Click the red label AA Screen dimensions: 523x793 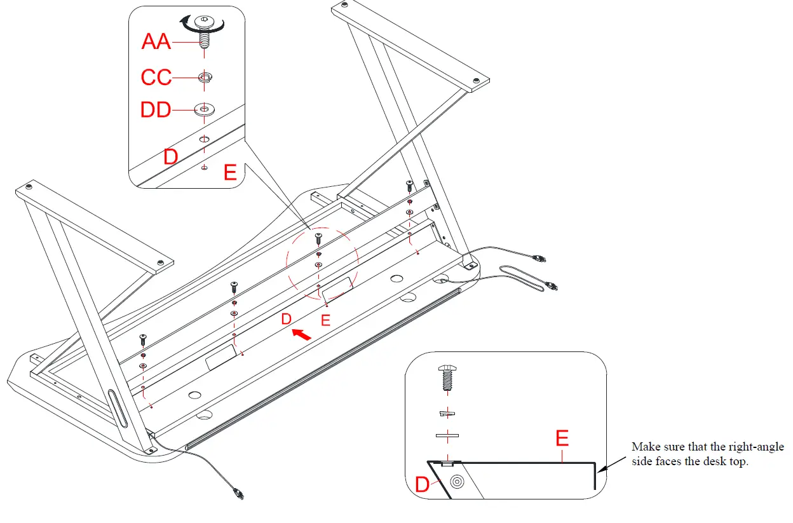click(x=156, y=42)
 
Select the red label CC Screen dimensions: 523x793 click(x=156, y=78)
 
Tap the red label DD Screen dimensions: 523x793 click(x=156, y=110)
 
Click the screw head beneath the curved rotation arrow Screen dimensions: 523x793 click(x=204, y=22)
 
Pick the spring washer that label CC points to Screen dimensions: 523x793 click(x=204, y=78)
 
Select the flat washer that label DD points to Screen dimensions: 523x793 click(x=204, y=109)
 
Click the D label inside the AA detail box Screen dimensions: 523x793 click(x=170, y=156)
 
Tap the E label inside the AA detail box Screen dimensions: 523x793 click(x=230, y=173)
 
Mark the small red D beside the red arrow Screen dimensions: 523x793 click(x=287, y=318)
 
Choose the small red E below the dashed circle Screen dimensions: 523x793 click(x=326, y=321)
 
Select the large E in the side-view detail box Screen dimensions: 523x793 click(x=562, y=438)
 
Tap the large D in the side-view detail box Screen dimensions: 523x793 click(x=423, y=484)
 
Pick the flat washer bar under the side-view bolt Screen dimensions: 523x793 click(x=447, y=436)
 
